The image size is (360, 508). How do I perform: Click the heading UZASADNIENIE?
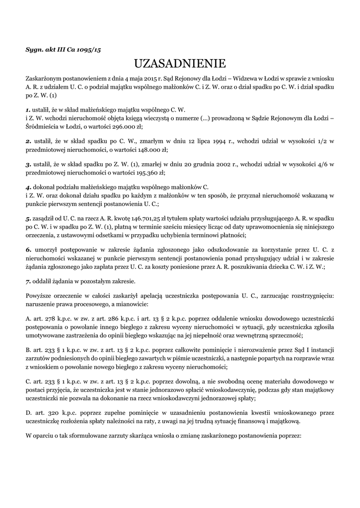[180, 63]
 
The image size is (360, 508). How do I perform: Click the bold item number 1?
[28, 109]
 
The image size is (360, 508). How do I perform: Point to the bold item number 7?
[28, 281]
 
